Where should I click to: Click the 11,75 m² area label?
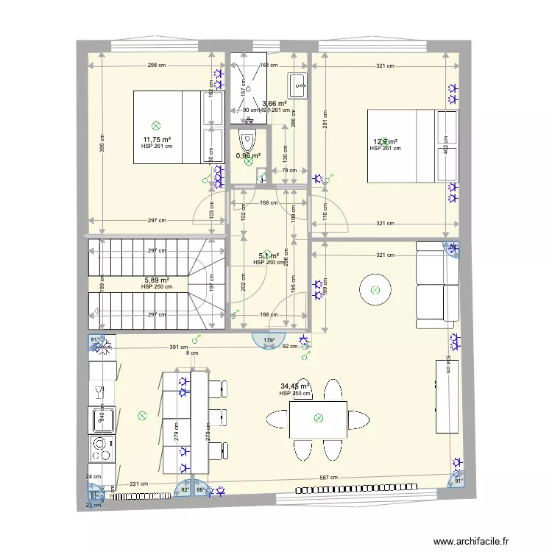[x=157, y=139]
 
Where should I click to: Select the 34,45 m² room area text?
[x=294, y=386]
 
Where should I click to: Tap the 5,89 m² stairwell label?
[x=157, y=280]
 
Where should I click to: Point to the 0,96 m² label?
[x=248, y=155]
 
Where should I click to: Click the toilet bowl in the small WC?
[x=248, y=140]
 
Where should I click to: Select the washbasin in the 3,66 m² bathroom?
[x=297, y=85]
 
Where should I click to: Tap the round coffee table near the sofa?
[x=375, y=290]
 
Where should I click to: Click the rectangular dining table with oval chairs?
[x=318, y=419]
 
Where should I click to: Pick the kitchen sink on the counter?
[x=102, y=420]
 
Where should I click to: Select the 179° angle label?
[x=269, y=340]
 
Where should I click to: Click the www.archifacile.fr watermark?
[x=471, y=542]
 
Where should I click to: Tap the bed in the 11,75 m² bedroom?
[x=178, y=126]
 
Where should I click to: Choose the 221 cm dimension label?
[x=138, y=484]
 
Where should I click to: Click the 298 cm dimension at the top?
[x=156, y=66]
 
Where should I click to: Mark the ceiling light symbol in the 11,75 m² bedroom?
[x=155, y=126]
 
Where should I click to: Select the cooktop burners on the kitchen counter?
[x=102, y=447]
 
